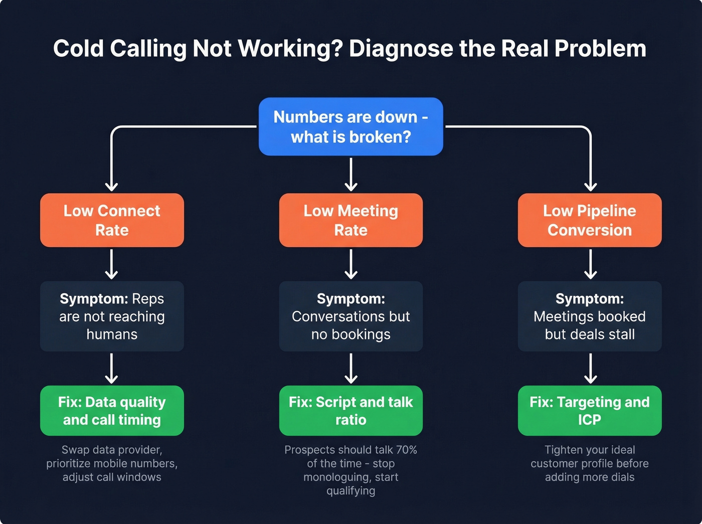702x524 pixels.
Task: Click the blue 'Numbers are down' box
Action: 350,126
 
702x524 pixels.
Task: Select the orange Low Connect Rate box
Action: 112,220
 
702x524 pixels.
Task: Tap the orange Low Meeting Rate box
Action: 350,220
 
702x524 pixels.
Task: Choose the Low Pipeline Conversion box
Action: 590,220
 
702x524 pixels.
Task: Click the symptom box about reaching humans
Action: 112,316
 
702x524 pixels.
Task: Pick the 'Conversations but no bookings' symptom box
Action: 350,316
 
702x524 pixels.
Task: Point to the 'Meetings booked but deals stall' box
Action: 590,316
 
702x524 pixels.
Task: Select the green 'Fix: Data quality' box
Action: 112,411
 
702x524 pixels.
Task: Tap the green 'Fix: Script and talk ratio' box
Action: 350,411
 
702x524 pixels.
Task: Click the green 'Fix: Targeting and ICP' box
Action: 590,411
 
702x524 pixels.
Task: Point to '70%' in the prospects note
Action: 406,450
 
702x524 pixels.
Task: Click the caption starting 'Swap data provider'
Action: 112,463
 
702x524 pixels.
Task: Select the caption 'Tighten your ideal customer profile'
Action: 590,463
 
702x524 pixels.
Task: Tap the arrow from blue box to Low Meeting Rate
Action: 351,174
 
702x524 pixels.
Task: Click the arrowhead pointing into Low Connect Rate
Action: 111,187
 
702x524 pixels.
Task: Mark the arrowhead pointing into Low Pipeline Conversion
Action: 591,187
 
